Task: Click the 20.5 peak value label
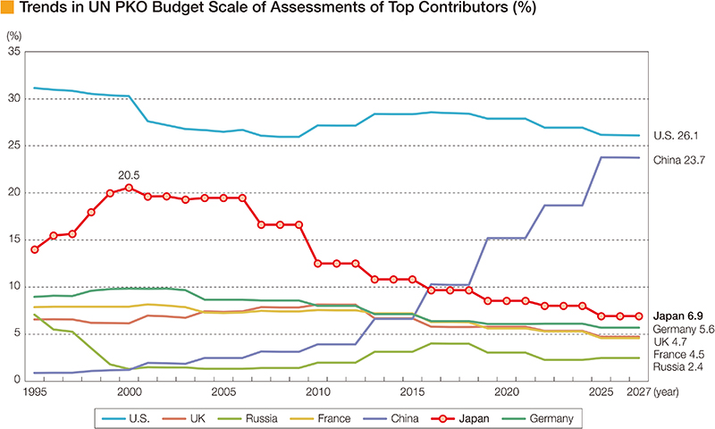click(130, 175)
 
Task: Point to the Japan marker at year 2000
click(129, 188)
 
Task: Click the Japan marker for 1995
click(35, 249)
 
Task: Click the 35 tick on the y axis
click(13, 52)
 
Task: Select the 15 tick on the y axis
click(13, 240)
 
